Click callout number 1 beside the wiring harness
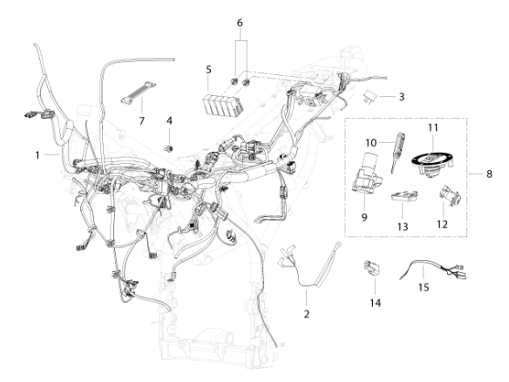tap(37, 155)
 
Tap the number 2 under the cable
tap(307, 314)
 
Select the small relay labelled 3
tap(370, 95)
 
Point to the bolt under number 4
tap(168, 149)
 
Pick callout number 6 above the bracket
tap(240, 23)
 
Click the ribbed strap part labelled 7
tap(139, 92)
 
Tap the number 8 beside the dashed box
tap(489, 174)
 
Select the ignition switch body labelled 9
tap(366, 174)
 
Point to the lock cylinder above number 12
tap(449, 194)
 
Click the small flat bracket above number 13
tap(404, 195)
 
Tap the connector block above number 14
tap(371, 269)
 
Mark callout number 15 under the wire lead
tap(424, 287)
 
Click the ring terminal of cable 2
tap(338, 243)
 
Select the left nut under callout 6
tap(234, 81)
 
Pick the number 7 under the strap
tap(141, 121)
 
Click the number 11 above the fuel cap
tap(433, 127)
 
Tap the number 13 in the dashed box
tap(403, 227)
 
